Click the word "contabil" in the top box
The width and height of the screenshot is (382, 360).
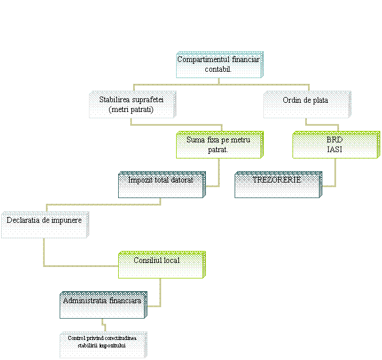pyautogui.click(x=218, y=69)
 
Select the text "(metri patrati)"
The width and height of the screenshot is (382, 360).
pyautogui.click(x=131, y=110)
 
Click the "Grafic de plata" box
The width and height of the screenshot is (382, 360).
pyautogui.click(x=306, y=104)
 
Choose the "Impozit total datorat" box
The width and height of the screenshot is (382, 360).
pyautogui.click(x=161, y=185)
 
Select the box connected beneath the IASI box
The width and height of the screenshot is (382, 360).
pyautogui.click(x=278, y=185)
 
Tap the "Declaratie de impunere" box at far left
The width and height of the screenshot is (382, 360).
pyautogui.click(x=44, y=225)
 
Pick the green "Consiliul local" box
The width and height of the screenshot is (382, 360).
pyautogui.click(x=161, y=265)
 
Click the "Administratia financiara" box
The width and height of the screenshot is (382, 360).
pyautogui.click(x=103, y=305)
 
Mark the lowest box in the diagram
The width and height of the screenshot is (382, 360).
pyautogui.click(x=103, y=344)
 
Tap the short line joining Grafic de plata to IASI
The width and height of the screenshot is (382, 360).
pyautogui.click(x=321, y=125)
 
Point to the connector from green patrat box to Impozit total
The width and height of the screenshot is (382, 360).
pyautogui.click(x=219, y=172)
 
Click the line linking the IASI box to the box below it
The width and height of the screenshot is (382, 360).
pyautogui.click(x=335, y=172)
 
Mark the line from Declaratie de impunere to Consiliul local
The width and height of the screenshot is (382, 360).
pyautogui.click(x=44, y=253)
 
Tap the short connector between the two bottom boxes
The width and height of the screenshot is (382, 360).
pyautogui.click(x=104, y=325)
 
